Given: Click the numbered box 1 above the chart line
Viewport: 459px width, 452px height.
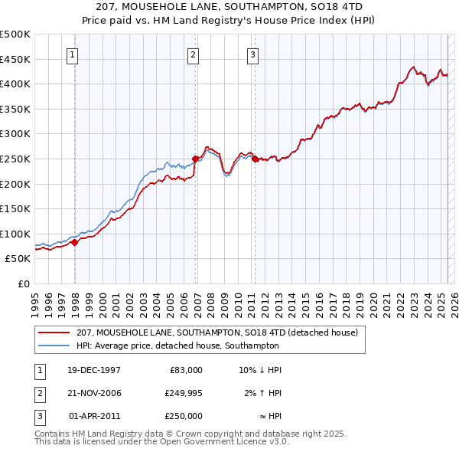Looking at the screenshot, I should click(72, 54).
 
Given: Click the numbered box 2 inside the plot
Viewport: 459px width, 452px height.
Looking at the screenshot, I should click(193, 54).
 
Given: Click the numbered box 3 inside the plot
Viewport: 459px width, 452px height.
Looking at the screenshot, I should click(252, 54).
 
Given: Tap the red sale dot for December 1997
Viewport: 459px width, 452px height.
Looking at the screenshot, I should click(75, 242).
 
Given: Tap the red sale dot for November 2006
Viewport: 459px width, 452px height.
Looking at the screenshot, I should click(196, 159).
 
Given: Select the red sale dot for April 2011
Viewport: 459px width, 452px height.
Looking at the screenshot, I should click(255, 159).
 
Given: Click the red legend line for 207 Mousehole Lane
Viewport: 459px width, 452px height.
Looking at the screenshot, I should click(54, 332).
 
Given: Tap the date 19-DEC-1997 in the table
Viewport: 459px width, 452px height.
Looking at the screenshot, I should click(95, 370).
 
